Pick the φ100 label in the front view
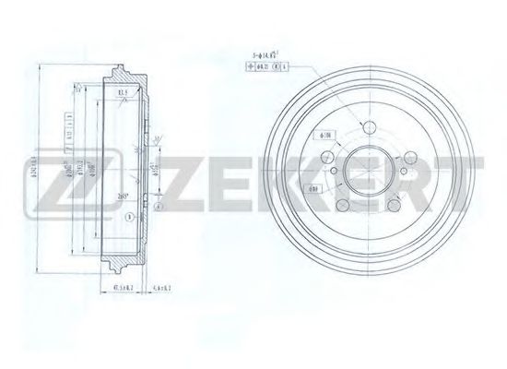click(324, 137)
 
